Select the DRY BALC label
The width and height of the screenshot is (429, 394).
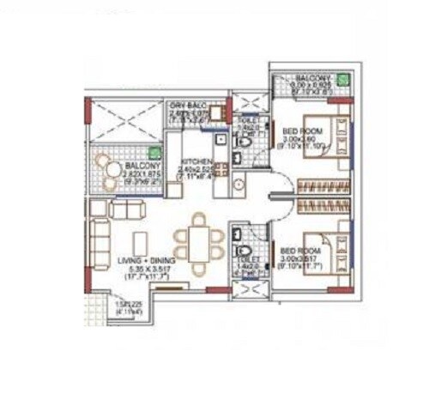coord(187,103)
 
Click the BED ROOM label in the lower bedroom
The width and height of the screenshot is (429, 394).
coord(299,251)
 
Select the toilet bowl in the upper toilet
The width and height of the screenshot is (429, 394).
coord(244,140)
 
